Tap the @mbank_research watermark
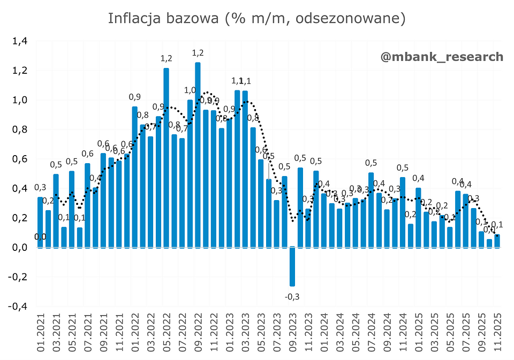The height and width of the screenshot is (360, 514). (x=442, y=57)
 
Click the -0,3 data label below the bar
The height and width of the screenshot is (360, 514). (x=292, y=296)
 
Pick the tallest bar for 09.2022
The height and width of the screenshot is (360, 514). (x=198, y=155)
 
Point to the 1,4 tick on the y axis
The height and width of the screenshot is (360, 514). (x=19, y=41)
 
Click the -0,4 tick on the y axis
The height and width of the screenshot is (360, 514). (x=18, y=307)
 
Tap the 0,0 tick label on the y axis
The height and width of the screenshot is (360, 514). (x=19, y=248)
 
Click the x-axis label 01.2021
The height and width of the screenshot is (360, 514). (x=41, y=335)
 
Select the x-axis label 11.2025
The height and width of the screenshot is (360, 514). (x=497, y=335)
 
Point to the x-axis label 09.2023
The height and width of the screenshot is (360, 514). (x=293, y=335)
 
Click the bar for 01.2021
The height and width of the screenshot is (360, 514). (x=40, y=222)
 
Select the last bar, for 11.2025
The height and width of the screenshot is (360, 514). (x=497, y=241)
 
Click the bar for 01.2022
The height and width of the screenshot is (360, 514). (x=135, y=177)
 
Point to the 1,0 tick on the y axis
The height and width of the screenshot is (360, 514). (x=19, y=100)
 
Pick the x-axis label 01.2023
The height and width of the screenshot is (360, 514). (x=230, y=335)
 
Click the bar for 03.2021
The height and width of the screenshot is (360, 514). (x=56, y=211)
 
